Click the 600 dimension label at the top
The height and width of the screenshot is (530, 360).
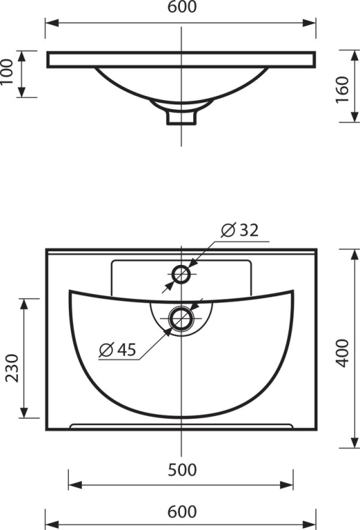[182, 7]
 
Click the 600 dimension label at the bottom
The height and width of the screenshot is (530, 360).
[182, 511]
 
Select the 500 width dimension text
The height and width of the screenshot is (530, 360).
[182, 469]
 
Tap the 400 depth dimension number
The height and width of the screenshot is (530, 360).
[343, 353]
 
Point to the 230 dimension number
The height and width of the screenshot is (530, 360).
[12, 368]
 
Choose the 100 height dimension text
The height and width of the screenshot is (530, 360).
[7, 72]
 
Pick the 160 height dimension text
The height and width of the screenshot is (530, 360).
[342, 90]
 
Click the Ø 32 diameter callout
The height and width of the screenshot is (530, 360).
[240, 230]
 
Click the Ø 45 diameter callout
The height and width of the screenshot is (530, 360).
[117, 349]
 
